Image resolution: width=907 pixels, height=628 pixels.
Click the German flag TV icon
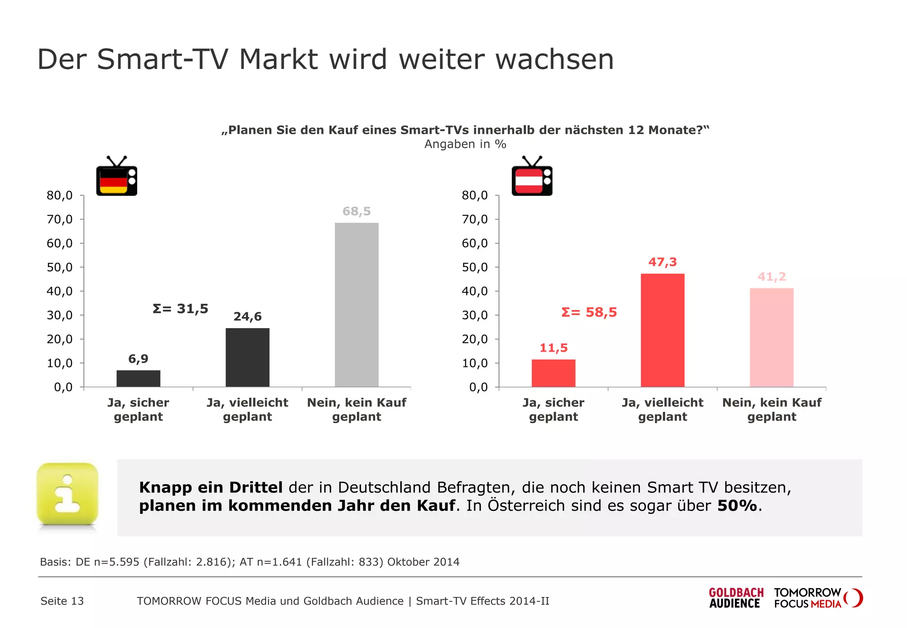(116, 177)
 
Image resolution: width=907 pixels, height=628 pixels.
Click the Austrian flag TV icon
(532, 177)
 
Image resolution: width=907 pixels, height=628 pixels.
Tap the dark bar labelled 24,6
(248, 357)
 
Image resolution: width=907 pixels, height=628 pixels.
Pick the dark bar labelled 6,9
(138, 378)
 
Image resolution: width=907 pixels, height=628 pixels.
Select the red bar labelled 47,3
(663, 330)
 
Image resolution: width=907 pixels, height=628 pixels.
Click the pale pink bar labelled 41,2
(771, 337)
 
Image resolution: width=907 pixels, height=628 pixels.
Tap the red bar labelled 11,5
(554, 373)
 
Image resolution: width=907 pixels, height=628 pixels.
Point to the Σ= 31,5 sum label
(180, 309)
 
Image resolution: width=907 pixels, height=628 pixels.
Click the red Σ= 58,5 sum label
(589, 313)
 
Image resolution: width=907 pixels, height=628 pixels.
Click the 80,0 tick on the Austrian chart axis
(475, 195)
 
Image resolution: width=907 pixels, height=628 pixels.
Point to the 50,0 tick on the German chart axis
(60, 267)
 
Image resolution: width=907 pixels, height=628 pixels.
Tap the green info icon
(67, 494)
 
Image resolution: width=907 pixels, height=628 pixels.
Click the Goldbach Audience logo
(736, 598)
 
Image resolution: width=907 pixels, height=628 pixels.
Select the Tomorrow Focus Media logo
(818, 598)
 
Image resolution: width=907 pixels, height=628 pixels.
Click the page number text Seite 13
(62, 601)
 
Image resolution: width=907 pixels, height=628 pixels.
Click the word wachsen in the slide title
(554, 59)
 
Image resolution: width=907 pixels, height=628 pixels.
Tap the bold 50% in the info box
(737, 506)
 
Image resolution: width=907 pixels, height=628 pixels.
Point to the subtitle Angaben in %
(465, 144)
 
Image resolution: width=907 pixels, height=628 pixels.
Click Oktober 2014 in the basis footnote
(423, 562)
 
